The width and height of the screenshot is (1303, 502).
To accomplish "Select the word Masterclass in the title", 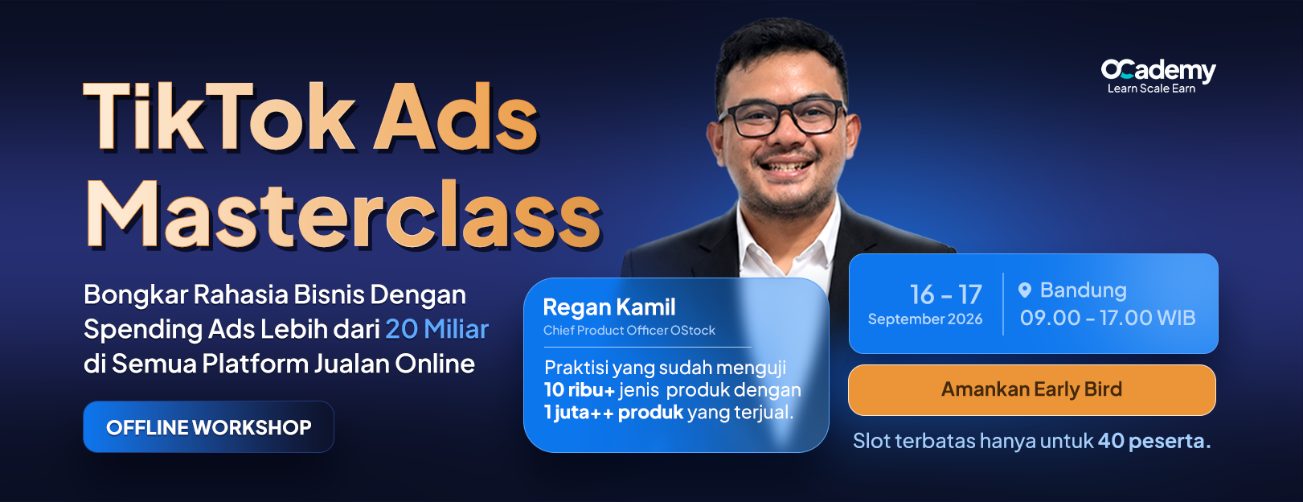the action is click(x=343, y=215).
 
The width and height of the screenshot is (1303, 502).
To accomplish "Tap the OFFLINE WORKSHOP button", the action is click(x=208, y=427).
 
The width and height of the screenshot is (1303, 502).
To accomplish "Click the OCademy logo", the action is click(x=1158, y=71).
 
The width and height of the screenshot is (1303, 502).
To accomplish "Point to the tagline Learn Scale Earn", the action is click(x=1151, y=88).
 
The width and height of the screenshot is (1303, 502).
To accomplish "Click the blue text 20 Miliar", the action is click(x=436, y=329).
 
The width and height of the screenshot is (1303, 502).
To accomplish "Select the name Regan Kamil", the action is click(x=609, y=307).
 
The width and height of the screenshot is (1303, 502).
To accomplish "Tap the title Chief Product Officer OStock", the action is click(x=629, y=330).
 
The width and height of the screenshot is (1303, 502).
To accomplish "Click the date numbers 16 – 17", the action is click(x=946, y=294).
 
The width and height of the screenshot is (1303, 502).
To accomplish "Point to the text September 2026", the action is click(x=925, y=319).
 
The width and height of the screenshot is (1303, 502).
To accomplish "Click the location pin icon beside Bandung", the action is click(x=1025, y=290).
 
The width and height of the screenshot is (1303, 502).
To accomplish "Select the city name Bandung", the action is click(x=1083, y=290).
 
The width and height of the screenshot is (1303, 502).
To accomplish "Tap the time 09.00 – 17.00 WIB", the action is click(x=1108, y=318).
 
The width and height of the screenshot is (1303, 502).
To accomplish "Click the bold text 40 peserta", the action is click(x=1154, y=441).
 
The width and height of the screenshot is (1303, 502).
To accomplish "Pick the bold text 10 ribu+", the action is click(x=580, y=389).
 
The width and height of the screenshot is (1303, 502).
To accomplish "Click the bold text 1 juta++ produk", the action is click(x=613, y=413).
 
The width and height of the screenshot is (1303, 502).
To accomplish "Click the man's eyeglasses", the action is click(x=781, y=117).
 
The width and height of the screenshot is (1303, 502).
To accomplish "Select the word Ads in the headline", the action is click(x=456, y=117).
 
